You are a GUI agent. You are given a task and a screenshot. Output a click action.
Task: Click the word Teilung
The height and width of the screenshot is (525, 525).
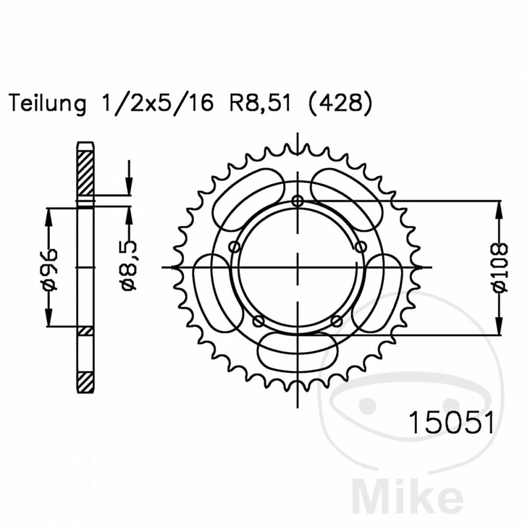click(x=48, y=103)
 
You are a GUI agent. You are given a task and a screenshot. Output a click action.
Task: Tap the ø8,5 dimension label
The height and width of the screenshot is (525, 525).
click(x=130, y=267)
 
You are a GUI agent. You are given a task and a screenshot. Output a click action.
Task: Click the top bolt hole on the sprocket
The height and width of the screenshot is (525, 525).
click(x=297, y=200)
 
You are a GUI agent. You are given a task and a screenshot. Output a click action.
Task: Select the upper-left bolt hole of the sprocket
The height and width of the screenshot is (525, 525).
click(x=235, y=247)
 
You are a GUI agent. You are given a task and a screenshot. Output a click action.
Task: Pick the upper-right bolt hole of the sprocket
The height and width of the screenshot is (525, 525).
click(x=361, y=247)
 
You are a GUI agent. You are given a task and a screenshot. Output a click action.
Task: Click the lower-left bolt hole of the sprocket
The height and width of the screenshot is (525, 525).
click(x=259, y=320)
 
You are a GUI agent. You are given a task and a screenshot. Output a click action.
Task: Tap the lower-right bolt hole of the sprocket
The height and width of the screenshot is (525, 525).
click(x=337, y=320)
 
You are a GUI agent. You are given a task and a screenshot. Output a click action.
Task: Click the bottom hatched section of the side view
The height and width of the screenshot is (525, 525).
click(x=85, y=380)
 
